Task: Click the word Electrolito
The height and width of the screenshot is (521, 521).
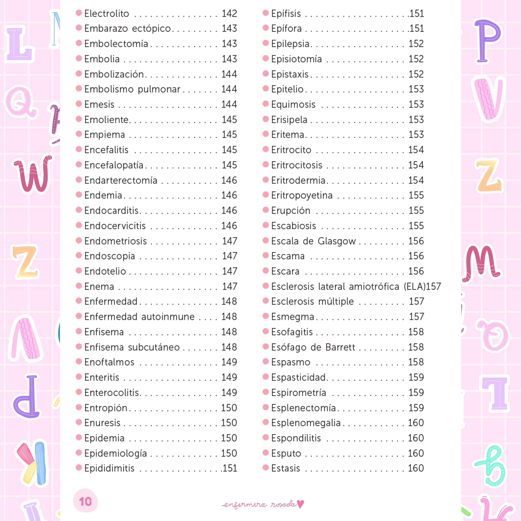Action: coord(107,13)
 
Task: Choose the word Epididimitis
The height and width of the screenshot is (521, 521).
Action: coord(109,468)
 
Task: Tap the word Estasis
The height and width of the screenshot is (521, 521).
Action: coord(285,468)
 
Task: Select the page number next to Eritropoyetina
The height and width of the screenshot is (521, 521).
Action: coord(416,195)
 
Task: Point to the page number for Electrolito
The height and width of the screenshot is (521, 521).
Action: coord(229,13)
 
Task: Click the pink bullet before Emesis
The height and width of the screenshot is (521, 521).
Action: coord(79,104)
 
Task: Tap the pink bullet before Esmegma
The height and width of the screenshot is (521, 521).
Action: coord(266,316)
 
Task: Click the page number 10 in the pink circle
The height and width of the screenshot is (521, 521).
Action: coord(85,502)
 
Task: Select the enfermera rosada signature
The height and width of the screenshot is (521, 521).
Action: coord(259,504)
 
